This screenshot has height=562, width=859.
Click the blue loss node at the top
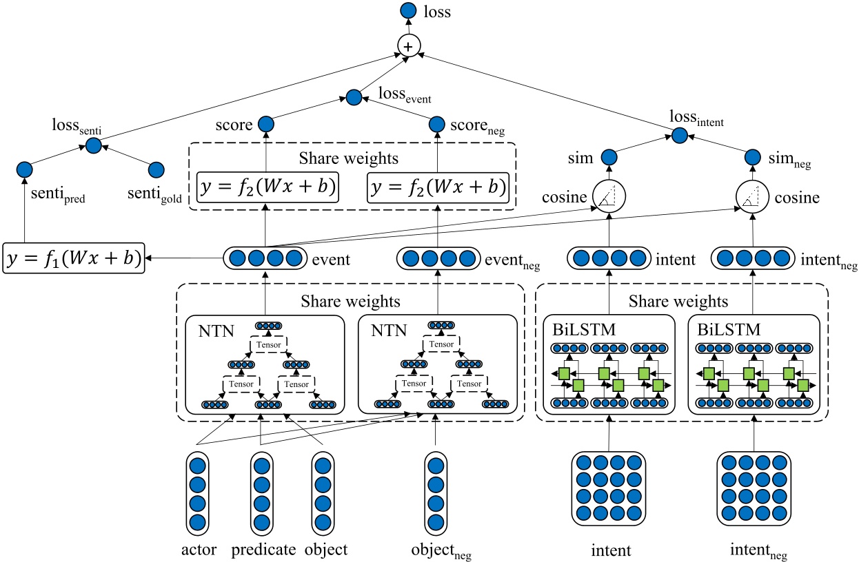coord(409,10)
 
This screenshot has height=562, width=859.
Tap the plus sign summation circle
coord(409,46)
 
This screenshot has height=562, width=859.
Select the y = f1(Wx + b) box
coord(74,258)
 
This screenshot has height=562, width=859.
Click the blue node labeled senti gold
coord(156,169)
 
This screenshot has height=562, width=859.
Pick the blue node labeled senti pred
coord(25,169)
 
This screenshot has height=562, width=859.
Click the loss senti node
coord(94,144)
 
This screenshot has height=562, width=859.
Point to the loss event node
coord(354,98)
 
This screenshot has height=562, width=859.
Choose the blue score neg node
coord(438,125)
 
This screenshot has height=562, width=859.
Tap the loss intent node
coord(680,135)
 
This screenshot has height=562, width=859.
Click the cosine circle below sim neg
coord(751,198)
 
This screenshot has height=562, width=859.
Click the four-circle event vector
coord(265,259)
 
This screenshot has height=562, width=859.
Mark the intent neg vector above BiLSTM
coord(751,259)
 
